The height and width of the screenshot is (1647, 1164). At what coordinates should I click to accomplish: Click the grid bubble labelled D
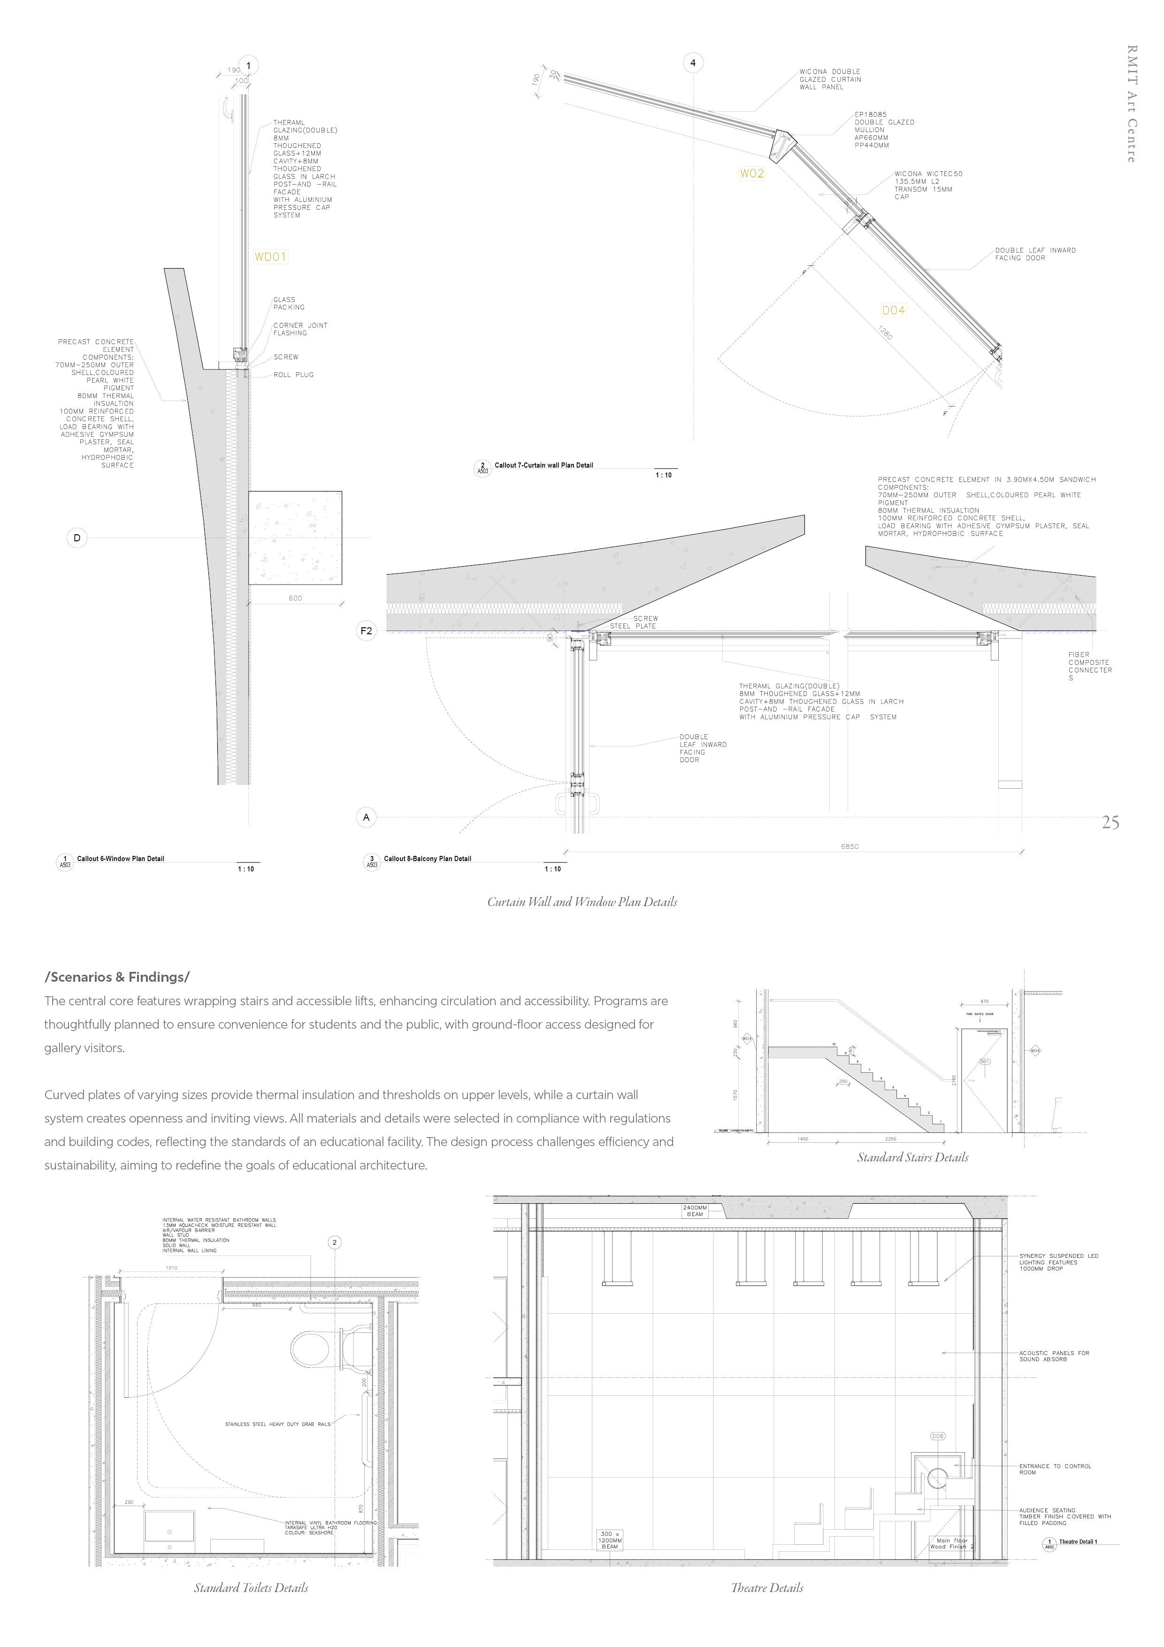77,538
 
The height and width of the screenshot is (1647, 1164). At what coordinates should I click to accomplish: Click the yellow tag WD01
270,257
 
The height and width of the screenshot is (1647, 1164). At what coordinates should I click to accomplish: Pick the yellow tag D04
894,311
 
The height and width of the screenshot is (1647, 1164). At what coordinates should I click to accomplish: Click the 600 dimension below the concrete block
295,598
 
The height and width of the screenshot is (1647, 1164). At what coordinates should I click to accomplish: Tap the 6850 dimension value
849,847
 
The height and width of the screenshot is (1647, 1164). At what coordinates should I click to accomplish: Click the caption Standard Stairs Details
912,1157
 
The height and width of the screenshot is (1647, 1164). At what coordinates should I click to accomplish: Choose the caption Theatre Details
766,1587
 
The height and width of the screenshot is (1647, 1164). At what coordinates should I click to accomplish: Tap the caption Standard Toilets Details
251,1587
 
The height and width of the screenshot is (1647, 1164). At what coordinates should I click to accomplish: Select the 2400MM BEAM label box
694,1211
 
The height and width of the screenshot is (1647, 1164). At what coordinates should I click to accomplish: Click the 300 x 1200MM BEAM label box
610,1539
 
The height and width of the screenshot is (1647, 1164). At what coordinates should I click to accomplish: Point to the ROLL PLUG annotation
293,375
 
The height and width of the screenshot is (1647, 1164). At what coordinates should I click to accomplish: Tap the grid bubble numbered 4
693,63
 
